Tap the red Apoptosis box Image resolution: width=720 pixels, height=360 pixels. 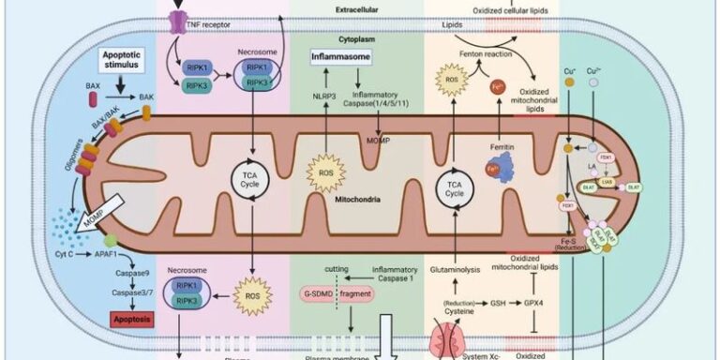coord(112,319)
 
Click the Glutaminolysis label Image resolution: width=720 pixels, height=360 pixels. coord(455,269)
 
